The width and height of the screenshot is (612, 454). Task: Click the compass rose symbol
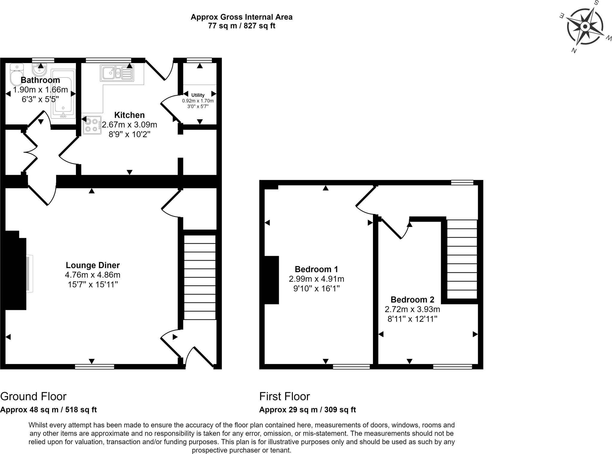click(x=585, y=27)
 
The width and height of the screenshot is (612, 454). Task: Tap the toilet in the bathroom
click(x=16, y=75)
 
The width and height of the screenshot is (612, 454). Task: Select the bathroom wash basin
click(x=39, y=71)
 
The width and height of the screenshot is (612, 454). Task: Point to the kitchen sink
click(x=117, y=73)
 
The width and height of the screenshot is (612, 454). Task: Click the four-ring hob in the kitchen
click(x=92, y=125)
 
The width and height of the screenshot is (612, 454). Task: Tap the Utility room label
click(x=198, y=95)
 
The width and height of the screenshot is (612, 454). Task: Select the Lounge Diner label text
click(x=93, y=265)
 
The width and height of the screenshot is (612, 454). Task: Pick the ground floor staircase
click(x=200, y=277)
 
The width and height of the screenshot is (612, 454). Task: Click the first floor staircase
click(x=462, y=259)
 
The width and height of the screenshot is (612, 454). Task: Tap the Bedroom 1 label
click(x=316, y=269)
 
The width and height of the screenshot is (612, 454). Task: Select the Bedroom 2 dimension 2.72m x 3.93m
click(x=412, y=309)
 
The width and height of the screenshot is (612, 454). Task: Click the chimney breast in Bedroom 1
click(x=272, y=280)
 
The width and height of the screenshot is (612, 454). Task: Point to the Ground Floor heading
click(x=33, y=396)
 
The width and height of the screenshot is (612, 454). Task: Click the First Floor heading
click(x=284, y=396)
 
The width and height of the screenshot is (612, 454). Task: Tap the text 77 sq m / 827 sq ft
click(x=241, y=26)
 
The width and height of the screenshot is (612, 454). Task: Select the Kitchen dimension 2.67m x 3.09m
click(x=129, y=125)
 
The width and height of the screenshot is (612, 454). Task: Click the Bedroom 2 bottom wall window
click(x=452, y=367)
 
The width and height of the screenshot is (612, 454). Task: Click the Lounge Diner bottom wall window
click(x=94, y=367)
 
